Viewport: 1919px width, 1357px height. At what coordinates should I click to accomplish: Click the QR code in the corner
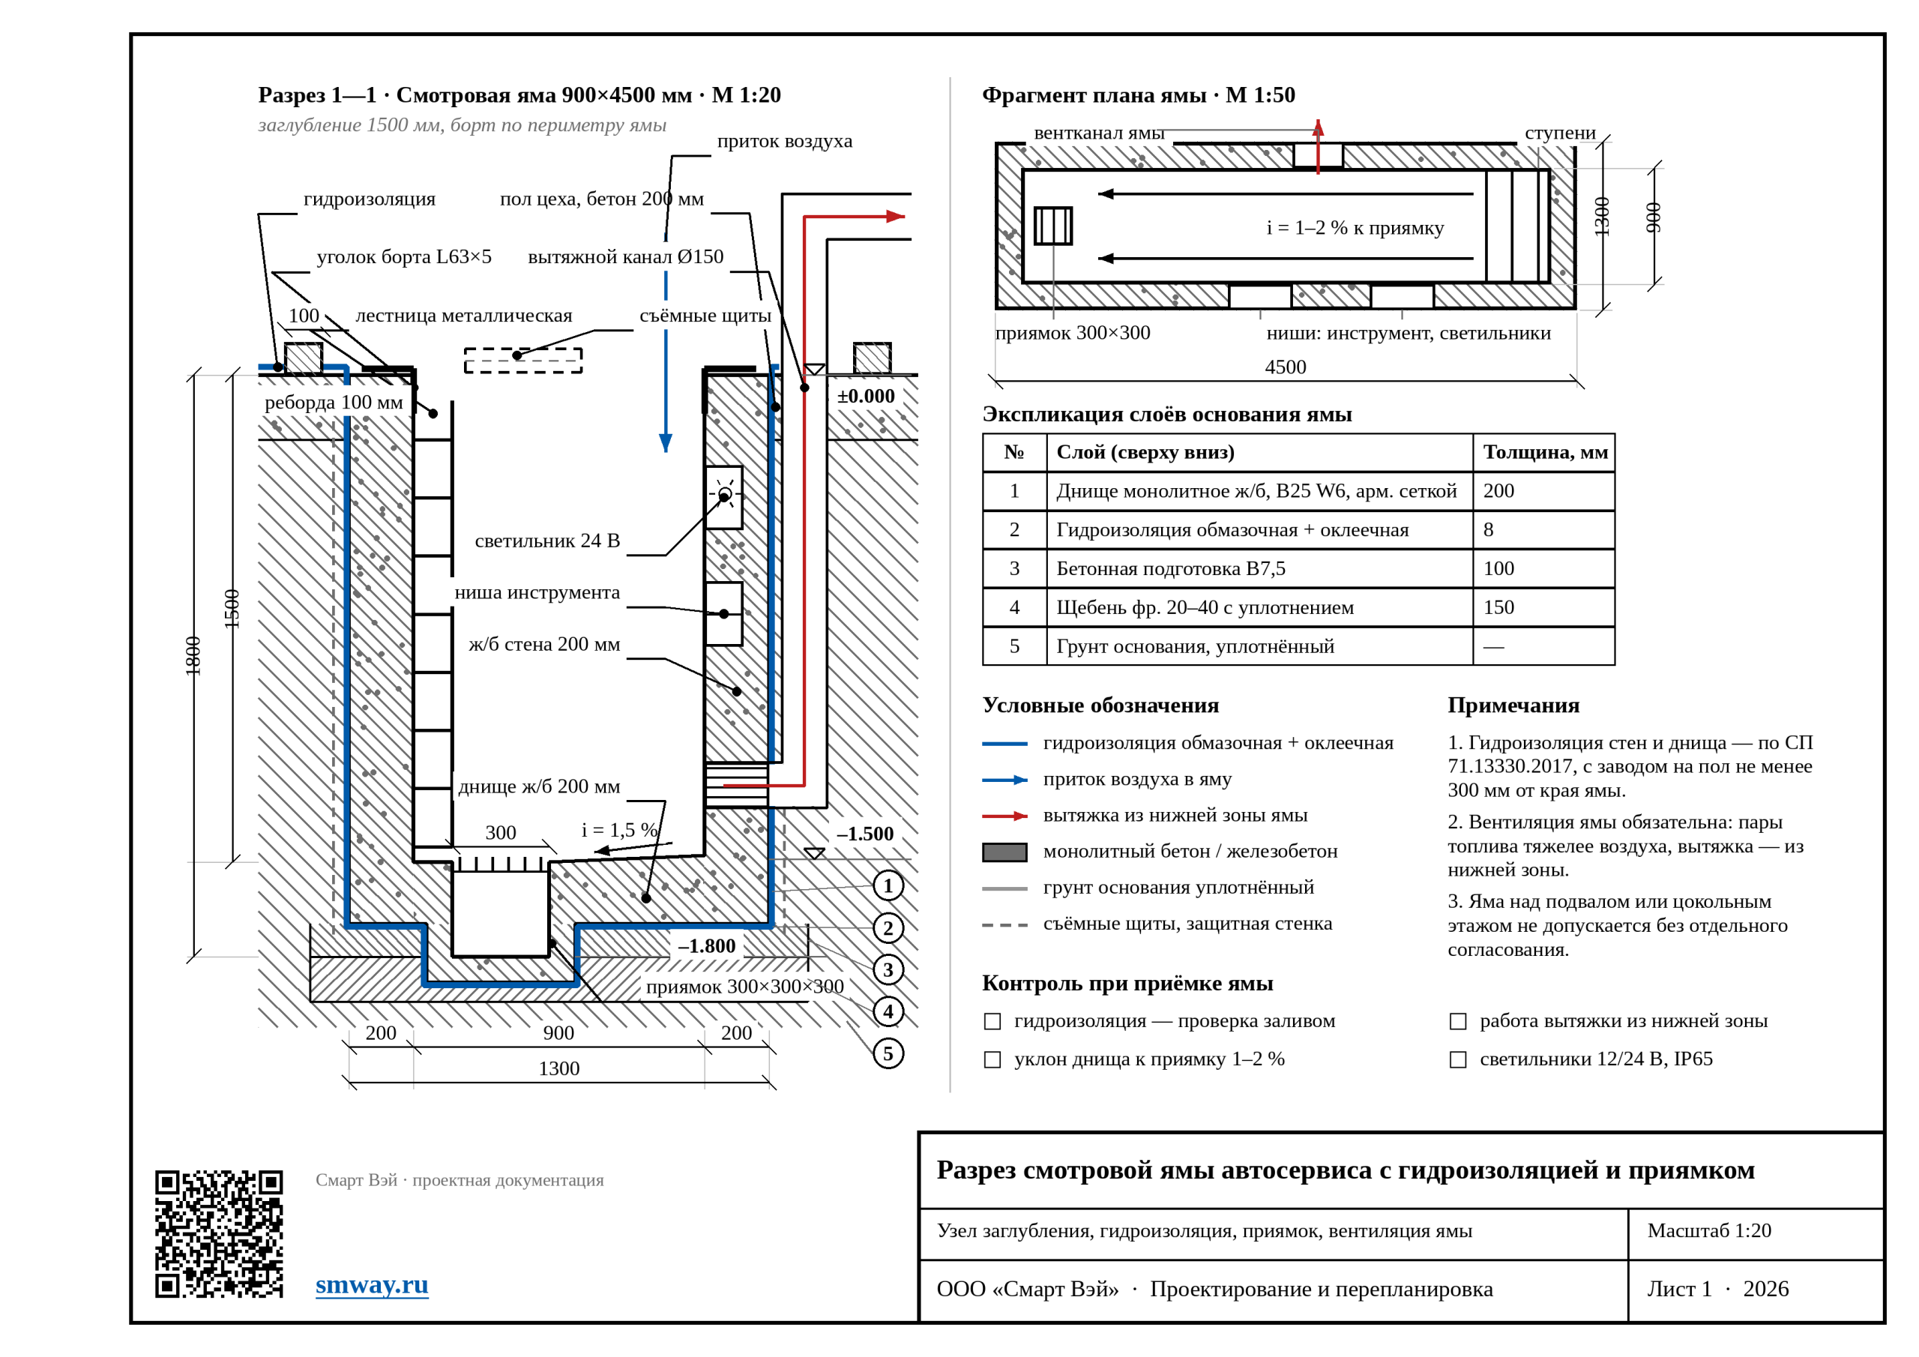[x=219, y=1233]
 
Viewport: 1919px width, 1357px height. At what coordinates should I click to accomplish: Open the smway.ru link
[x=372, y=1284]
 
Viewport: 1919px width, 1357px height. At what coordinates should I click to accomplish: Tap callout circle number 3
[x=888, y=970]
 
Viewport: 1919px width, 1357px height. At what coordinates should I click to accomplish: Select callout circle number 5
[x=888, y=1053]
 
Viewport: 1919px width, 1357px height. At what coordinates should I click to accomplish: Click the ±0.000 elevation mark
[x=866, y=397]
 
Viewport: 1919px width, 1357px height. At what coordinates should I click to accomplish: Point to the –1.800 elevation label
[x=706, y=946]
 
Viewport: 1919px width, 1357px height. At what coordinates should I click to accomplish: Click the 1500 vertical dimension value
[x=232, y=609]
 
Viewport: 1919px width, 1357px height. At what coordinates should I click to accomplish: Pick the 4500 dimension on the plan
[x=1286, y=367]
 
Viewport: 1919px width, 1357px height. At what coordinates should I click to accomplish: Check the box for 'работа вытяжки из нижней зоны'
[x=1458, y=1022]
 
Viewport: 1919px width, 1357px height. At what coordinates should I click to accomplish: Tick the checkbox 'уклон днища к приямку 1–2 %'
[x=992, y=1060]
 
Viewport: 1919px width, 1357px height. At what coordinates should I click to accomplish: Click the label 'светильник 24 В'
[x=547, y=541]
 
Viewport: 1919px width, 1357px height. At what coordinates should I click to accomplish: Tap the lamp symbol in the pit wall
[x=725, y=495]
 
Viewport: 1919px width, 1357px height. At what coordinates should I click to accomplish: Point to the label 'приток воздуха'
[x=785, y=141]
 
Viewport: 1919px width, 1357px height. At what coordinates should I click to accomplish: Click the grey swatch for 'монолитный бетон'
[x=1004, y=852]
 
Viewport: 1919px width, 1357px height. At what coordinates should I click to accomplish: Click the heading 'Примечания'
[x=1513, y=705]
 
